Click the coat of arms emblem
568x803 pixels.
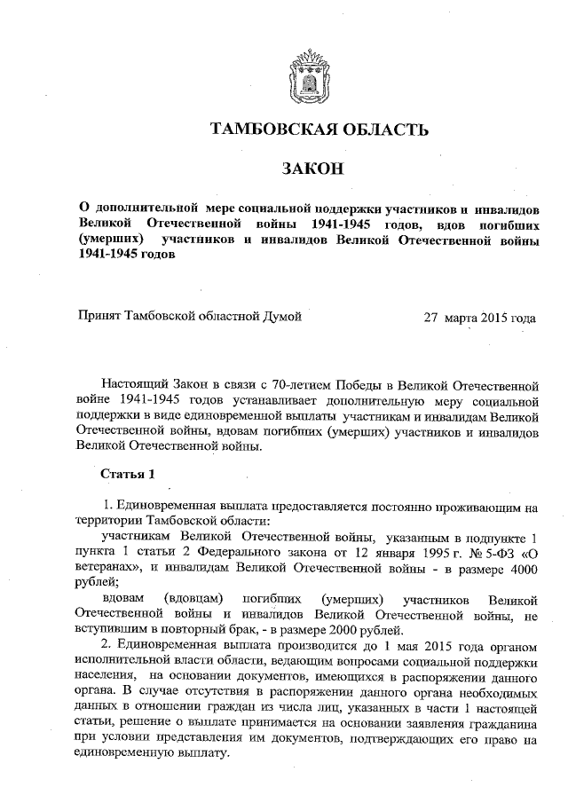coord(306,78)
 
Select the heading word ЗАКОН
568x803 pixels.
coord(305,169)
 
